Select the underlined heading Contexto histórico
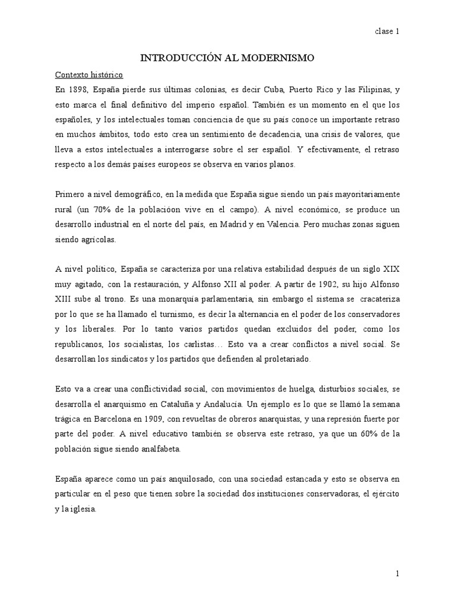pos(88,75)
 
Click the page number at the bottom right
pos(397,573)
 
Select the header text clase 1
pos(387,32)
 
